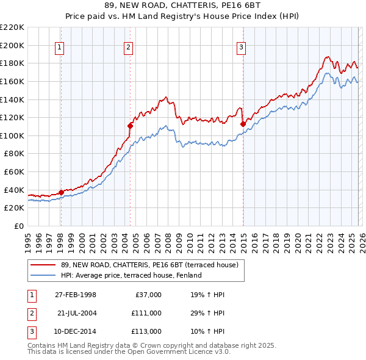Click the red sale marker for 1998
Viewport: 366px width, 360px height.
[x=61, y=192]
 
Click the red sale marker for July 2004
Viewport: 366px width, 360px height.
[x=130, y=126]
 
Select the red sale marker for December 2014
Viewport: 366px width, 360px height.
[x=243, y=124]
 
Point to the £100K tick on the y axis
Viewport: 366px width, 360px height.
[x=13, y=135]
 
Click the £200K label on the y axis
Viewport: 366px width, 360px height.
[x=13, y=45]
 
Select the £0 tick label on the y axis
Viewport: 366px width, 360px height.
[x=18, y=226]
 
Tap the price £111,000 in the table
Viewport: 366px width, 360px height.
[x=146, y=313]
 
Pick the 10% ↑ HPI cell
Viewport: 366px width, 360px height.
[x=208, y=331]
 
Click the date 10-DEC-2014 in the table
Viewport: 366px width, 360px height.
[x=76, y=331]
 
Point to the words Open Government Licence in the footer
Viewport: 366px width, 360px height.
[x=178, y=352]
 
